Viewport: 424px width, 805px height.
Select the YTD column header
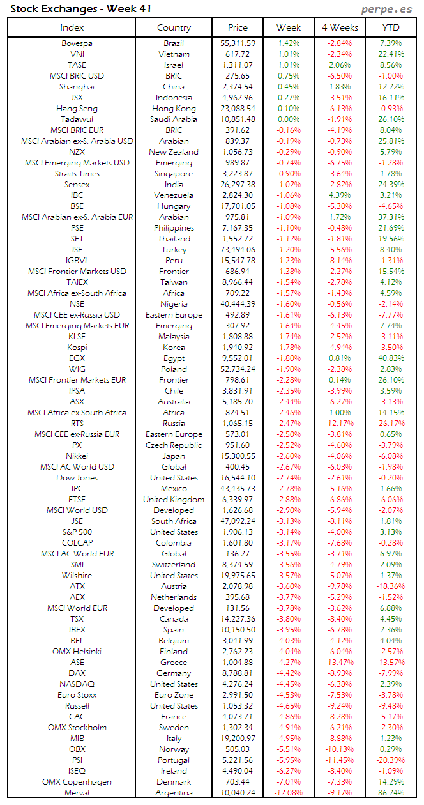click(x=391, y=27)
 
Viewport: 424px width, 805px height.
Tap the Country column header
click(x=174, y=27)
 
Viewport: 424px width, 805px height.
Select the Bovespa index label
click(x=77, y=43)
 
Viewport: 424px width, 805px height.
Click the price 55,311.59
click(x=238, y=43)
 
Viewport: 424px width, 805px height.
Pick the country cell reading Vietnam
click(x=174, y=54)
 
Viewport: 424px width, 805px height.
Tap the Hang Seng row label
click(x=77, y=109)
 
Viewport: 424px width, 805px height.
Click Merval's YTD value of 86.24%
click(x=391, y=792)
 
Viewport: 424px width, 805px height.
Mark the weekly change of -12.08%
click(x=289, y=792)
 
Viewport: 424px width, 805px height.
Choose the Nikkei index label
click(x=77, y=456)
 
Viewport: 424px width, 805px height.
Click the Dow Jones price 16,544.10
click(x=238, y=478)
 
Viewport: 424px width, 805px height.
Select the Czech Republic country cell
click(x=174, y=445)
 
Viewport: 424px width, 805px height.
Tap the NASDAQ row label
click(x=77, y=684)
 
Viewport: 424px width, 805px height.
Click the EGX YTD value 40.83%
click(x=391, y=358)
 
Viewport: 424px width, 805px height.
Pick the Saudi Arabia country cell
click(x=174, y=119)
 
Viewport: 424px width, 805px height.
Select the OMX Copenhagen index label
click(x=77, y=781)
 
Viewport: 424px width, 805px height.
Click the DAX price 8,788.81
click(x=238, y=673)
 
